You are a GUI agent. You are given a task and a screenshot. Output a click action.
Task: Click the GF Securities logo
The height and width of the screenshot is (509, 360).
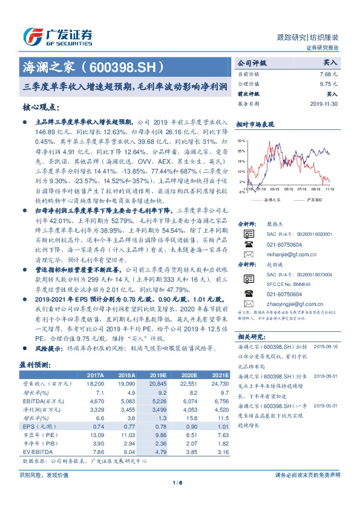(x=57, y=34)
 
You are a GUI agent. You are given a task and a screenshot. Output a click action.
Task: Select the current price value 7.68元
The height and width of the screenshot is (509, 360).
(x=327, y=73)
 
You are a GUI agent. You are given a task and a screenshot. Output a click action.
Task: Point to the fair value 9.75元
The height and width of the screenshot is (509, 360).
(x=328, y=84)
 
